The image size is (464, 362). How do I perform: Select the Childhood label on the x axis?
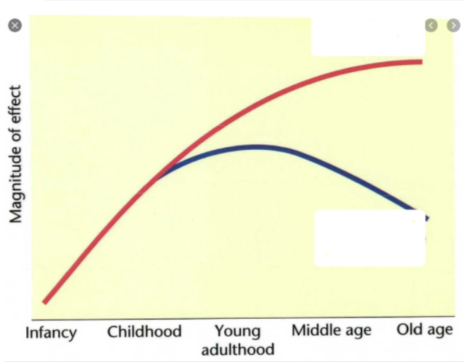click(x=144, y=332)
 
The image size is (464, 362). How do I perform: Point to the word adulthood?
click(x=238, y=349)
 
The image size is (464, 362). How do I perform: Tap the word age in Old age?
click(x=439, y=331)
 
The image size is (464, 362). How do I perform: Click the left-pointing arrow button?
click(x=431, y=25)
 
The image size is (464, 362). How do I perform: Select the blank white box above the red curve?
click(x=368, y=37)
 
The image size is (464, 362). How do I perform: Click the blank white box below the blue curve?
click(x=369, y=238)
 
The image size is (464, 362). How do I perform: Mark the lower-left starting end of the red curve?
click(x=45, y=301)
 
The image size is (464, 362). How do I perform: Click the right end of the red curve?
click(x=420, y=62)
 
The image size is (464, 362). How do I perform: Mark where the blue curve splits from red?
click(x=157, y=177)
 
